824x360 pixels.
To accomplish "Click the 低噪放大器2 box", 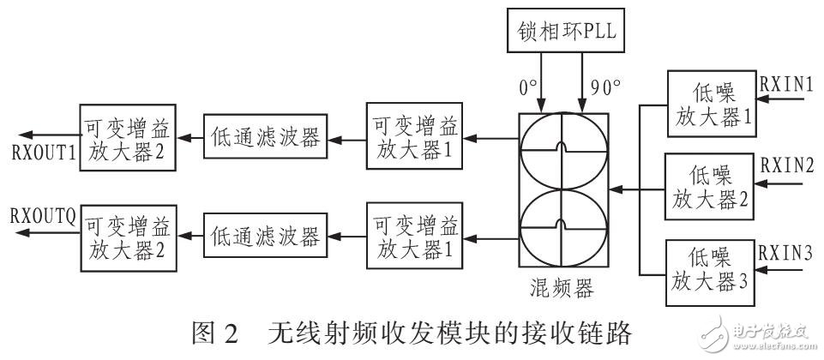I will click(x=711, y=190).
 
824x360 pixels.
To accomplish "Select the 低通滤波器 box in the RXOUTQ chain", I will click(x=263, y=233).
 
